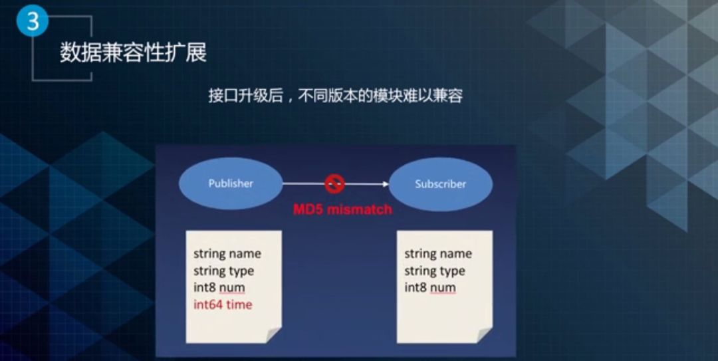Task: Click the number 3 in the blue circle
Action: pyautogui.click(x=33, y=20)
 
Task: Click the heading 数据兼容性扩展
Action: pyautogui.click(x=133, y=53)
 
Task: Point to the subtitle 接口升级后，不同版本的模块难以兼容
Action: pyautogui.click(x=336, y=96)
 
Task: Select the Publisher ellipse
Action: pyautogui.click(x=231, y=183)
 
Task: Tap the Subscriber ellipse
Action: pyautogui.click(x=441, y=184)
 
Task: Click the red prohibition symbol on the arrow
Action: pyautogui.click(x=334, y=183)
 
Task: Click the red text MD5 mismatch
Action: pyautogui.click(x=342, y=209)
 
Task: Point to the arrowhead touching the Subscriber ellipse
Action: pyautogui.click(x=386, y=184)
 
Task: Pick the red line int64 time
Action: pyautogui.click(x=223, y=304)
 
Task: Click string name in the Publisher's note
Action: pyautogui.click(x=227, y=254)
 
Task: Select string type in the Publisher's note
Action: pyautogui.click(x=223, y=271)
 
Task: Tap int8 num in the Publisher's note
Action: pyautogui.click(x=219, y=288)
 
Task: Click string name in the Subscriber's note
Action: pyautogui.click(x=437, y=254)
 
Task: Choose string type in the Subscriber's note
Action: pyautogui.click(x=435, y=271)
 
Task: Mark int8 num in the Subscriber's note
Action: pyautogui.click(x=430, y=288)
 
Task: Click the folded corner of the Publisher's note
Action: pyautogui.click(x=273, y=335)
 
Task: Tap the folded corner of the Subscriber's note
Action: pyautogui.click(x=484, y=335)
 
